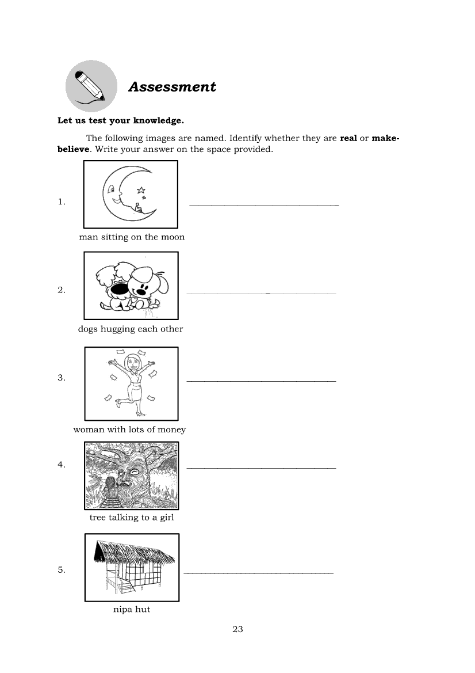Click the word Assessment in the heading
tap(172, 87)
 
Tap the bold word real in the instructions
tap(348, 139)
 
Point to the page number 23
tap(237, 629)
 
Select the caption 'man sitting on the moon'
tap(132, 237)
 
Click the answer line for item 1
tap(264, 205)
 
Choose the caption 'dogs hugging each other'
tap(131, 329)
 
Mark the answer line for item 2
tap(261, 294)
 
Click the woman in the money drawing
tap(133, 382)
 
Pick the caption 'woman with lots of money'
tap(129, 429)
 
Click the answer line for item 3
tap(261, 381)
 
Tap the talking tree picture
tap(132, 476)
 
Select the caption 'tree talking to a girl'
tap(131, 518)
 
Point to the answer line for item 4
tap(261, 468)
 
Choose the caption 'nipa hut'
tap(131, 609)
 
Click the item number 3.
tap(61, 378)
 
